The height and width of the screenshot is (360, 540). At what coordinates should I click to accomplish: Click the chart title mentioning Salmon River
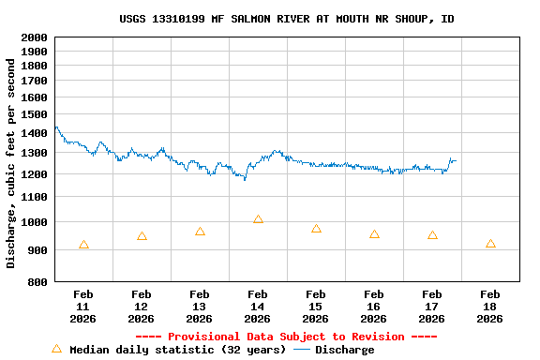pos(287,19)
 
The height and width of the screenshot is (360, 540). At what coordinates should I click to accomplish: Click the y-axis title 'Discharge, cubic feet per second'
pos(11,161)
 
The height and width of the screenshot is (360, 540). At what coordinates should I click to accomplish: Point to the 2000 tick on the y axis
pos(34,37)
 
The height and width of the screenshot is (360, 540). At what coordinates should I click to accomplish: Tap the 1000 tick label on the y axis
pos(34,223)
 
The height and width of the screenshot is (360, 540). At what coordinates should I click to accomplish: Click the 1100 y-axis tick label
pos(34,198)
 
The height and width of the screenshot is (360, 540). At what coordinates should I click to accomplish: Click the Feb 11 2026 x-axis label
pos(83,307)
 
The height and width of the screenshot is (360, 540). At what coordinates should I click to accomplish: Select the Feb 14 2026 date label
pos(258,307)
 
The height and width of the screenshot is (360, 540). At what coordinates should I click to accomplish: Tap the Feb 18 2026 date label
pos(490,307)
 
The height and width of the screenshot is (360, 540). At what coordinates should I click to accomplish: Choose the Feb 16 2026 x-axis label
pos(374,307)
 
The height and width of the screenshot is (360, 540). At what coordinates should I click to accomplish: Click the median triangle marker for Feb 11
pos(84,245)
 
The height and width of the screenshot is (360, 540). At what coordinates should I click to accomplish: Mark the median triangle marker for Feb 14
pos(258,219)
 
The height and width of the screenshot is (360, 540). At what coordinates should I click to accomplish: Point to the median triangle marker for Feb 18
pos(490,244)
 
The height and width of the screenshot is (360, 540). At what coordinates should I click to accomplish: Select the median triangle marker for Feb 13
pos(200,232)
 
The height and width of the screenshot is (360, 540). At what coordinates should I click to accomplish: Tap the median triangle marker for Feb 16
pos(374,234)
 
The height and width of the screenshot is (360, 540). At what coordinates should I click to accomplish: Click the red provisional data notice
pos(287,337)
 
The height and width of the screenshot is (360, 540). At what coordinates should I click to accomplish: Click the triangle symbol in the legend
pos(56,349)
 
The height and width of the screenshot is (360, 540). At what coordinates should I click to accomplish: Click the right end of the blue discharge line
pos(455,160)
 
